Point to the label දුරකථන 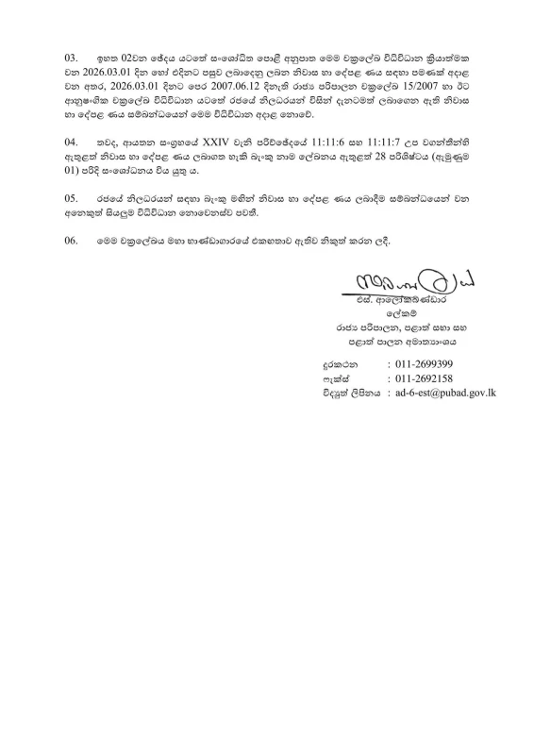tap(337, 363)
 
